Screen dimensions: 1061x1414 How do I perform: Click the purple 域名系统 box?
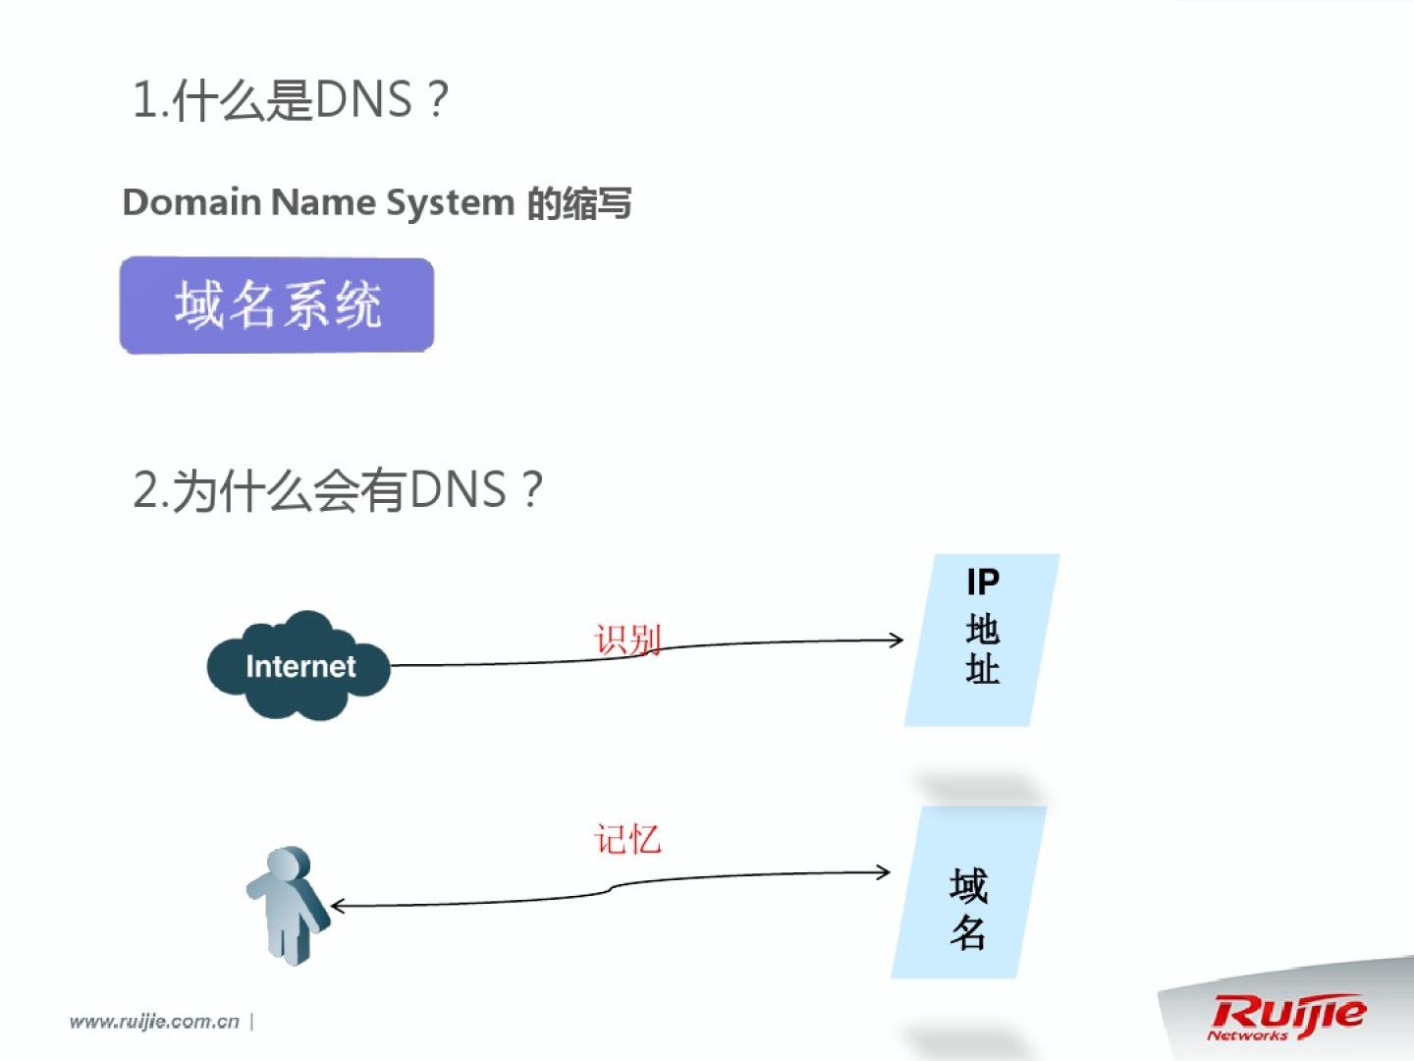click(x=277, y=305)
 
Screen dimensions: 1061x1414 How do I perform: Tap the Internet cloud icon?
click(x=299, y=666)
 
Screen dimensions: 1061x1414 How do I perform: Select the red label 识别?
click(x=627, y=640)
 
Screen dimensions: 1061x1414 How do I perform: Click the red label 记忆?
click(x=627, y=840)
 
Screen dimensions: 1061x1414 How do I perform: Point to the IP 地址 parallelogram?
click(x=982, y=640)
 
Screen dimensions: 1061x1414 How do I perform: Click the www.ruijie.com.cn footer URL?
click(x=154, y=1022)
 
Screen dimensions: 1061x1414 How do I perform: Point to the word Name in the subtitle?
click(x=323, y=202)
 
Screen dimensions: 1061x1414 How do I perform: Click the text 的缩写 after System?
click(x=579, y=203)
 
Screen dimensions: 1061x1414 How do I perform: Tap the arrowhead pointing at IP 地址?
click(x=896, y=641)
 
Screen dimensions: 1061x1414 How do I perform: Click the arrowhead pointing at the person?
click(x=338, y=906)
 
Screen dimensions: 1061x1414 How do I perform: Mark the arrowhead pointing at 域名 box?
click(x=883, y=872)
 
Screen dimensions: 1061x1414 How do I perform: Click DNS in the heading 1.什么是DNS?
click(x=364, y=100)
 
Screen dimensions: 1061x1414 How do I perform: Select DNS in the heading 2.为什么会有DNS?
click(x=458, y=489)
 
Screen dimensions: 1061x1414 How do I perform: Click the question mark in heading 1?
click(x=438, y=100)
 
